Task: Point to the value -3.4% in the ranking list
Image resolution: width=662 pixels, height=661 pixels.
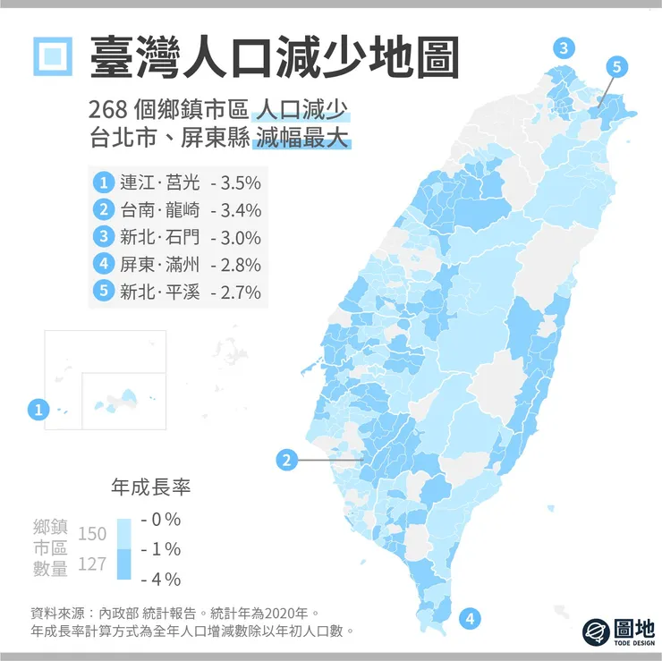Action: [235, 211]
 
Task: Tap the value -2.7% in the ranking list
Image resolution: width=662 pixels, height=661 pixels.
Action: [235, 292]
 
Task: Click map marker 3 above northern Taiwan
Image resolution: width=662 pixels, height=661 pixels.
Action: [563, 49]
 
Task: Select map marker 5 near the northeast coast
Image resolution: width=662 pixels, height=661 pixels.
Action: [618, 65]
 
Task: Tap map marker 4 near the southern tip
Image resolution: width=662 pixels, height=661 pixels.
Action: [470, 617]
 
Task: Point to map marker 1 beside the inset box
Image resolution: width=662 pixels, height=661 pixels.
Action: [38, 411]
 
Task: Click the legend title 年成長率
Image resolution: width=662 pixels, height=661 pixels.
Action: [150, 487]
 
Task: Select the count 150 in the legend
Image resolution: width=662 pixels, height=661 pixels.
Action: [92, 534]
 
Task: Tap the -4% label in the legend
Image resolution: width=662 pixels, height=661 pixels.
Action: [161, 578]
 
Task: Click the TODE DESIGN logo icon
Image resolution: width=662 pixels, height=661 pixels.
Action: [596, 631]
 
